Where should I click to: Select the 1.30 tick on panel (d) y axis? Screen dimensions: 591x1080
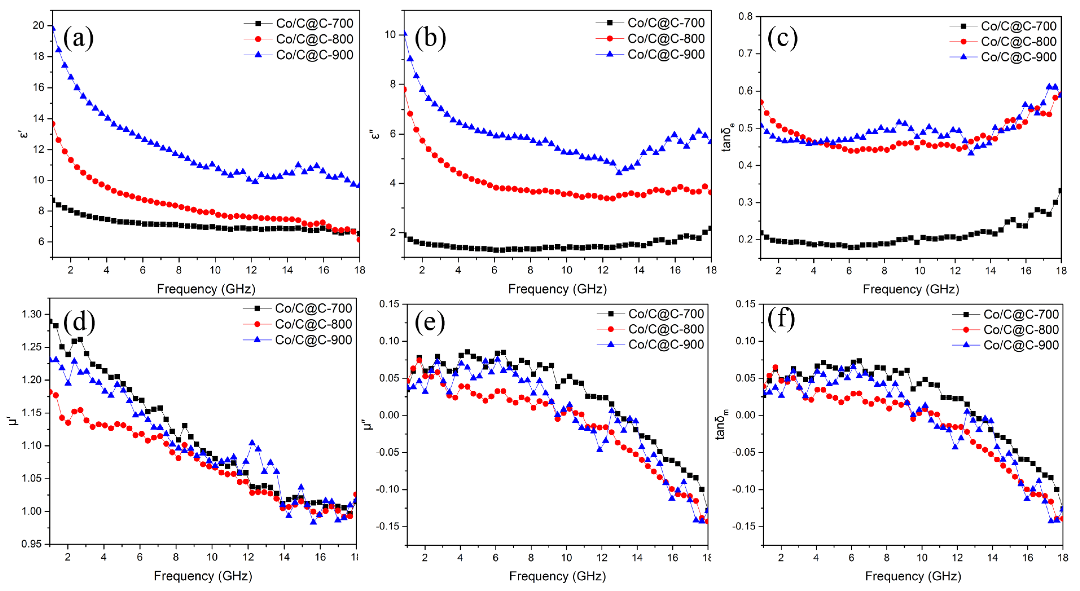pyautogui.click(x=32, y=314)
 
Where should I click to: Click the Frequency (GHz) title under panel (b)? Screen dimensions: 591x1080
pyautogui.click(x=557, y=289)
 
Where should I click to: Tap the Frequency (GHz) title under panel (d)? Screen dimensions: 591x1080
pyautogui.click(x=203, y=576)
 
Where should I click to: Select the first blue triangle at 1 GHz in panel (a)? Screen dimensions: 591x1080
pyautogui.click(x=53, y=28)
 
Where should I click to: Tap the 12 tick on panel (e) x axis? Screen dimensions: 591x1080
pyautogui.click(x=602, y=557)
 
